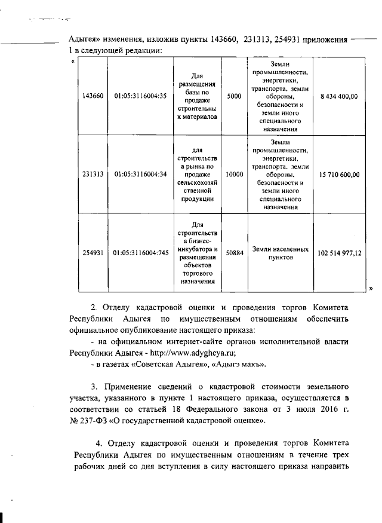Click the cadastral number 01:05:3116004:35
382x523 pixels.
tap(140, 96)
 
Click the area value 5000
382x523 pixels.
tap(235, 96)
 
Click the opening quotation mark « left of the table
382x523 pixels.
tap(73, 60)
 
